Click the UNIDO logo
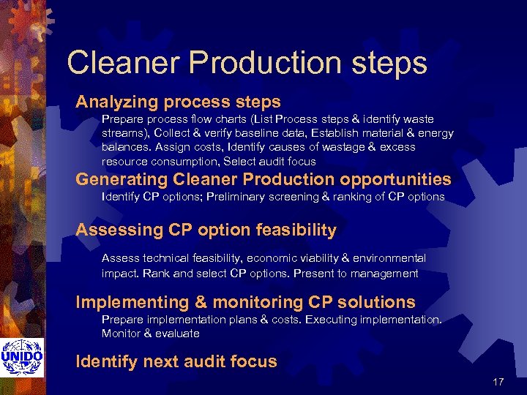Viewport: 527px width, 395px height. pos(22,356)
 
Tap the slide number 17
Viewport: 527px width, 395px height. pos(498,382)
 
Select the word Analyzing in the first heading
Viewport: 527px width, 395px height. pos(119,102)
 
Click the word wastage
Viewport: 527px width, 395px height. pos(358,147)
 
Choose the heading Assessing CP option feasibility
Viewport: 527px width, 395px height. pos(206,230)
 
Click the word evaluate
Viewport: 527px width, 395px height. pos(176,334)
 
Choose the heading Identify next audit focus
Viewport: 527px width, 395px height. pos(176,361)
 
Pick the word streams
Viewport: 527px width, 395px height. pos(122,133)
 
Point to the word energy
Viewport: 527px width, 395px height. pos(436,133)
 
